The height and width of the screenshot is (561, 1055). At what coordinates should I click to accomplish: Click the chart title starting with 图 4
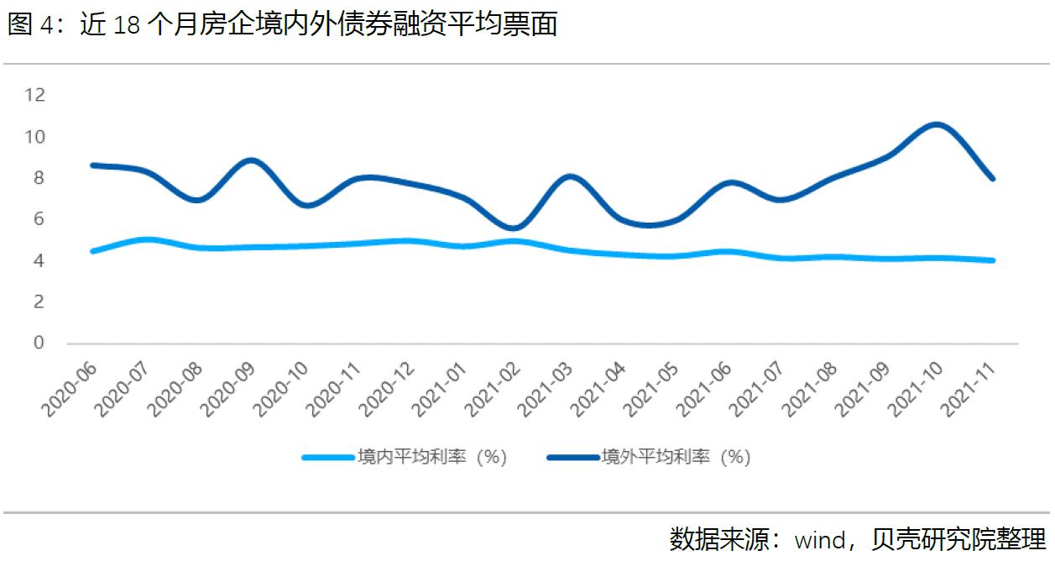[283, 25]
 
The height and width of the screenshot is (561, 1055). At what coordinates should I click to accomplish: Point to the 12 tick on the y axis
[34, 94]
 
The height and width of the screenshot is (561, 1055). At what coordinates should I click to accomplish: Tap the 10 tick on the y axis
[34, 136]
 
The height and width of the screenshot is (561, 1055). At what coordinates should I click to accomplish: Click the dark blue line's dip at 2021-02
[514, 228]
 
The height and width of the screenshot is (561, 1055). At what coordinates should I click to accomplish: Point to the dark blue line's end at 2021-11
[991, 178]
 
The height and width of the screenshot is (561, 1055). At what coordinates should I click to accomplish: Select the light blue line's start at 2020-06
[93, 250]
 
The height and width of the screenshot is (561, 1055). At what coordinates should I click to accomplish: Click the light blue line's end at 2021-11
[991, 260]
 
